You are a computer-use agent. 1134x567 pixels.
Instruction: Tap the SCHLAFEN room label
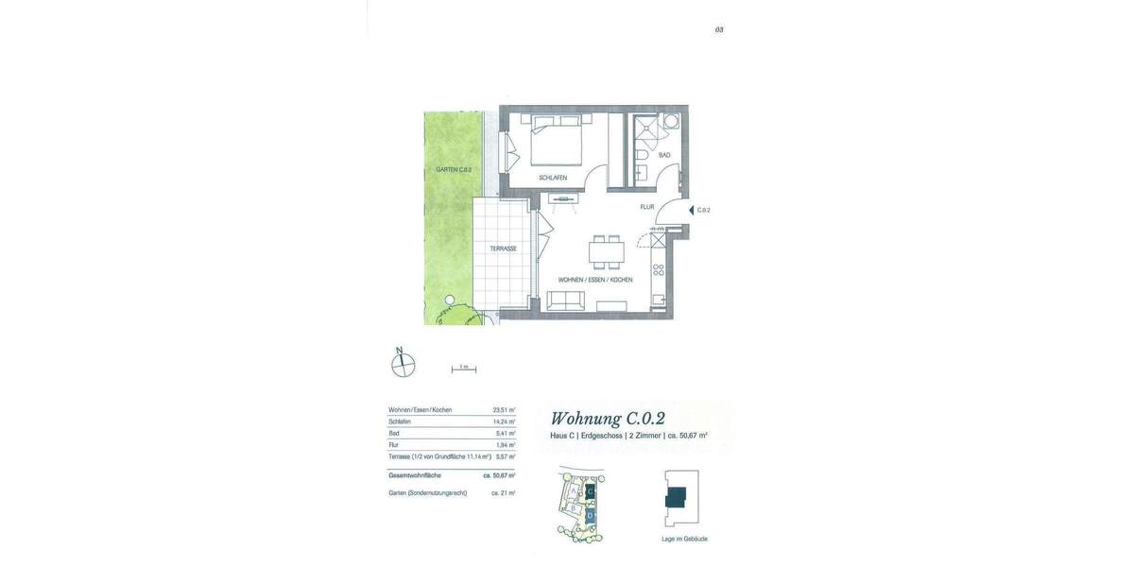(553, 178)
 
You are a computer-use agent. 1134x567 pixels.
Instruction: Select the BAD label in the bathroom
(664, 155)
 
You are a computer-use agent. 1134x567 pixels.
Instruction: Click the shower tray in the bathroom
(647, 128)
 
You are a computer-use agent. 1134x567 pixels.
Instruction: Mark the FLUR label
(647, 207)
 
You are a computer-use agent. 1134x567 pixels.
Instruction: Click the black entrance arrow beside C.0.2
(691, 210)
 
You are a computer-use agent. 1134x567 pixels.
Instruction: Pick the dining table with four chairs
(606, 252)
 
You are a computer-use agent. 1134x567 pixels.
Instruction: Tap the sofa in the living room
(566, 301)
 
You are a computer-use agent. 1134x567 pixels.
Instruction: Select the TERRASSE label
(503, 249)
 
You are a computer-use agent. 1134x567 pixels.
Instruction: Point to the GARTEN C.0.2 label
(454, 170)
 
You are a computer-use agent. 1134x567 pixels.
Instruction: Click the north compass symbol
(404, 364)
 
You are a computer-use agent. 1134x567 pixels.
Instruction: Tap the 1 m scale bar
(463, 369)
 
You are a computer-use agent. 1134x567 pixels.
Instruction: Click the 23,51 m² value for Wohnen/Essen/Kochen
(504, 410)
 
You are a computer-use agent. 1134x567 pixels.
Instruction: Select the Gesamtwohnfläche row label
(415, 475)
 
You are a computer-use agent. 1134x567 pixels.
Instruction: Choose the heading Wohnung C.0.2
(608, 419)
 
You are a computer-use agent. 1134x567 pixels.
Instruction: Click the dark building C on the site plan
(591, 491)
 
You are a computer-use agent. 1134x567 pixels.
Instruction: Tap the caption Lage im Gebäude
(684, 539)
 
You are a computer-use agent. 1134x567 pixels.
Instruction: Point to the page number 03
(719, 30)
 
